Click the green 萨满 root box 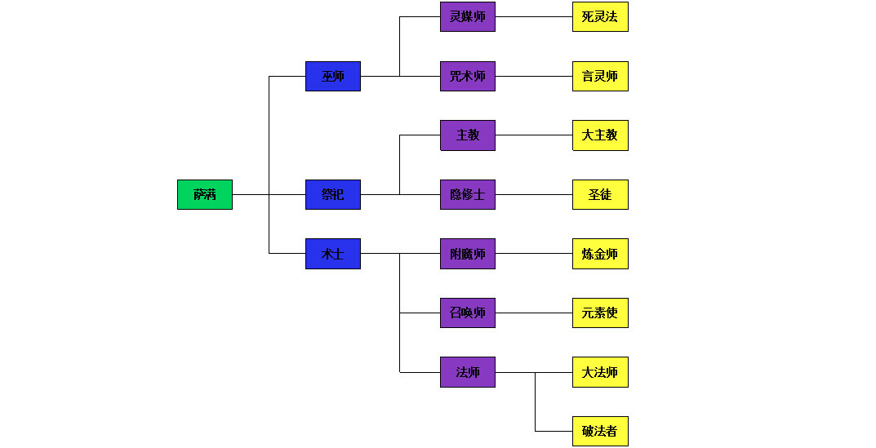[205, 194]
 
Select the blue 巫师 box [333, 76]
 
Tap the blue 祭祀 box [333, 194]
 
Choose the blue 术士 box [333, 254]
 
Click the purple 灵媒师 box [468, 16]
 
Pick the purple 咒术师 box [468, 76]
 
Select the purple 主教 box [468, 135]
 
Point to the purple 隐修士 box [468, 194]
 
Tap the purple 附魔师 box [468, 254]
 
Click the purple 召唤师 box [468, 313]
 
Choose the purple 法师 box [468, 372]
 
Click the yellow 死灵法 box [600, 16]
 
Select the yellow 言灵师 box [600, 76]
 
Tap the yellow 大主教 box [600, 135]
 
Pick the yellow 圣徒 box [600, 194]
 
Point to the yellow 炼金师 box [600, 254]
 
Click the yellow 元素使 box [600, 313]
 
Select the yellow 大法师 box [600, 372]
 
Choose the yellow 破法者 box [600, 431]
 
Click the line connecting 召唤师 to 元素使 [534, 313]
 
